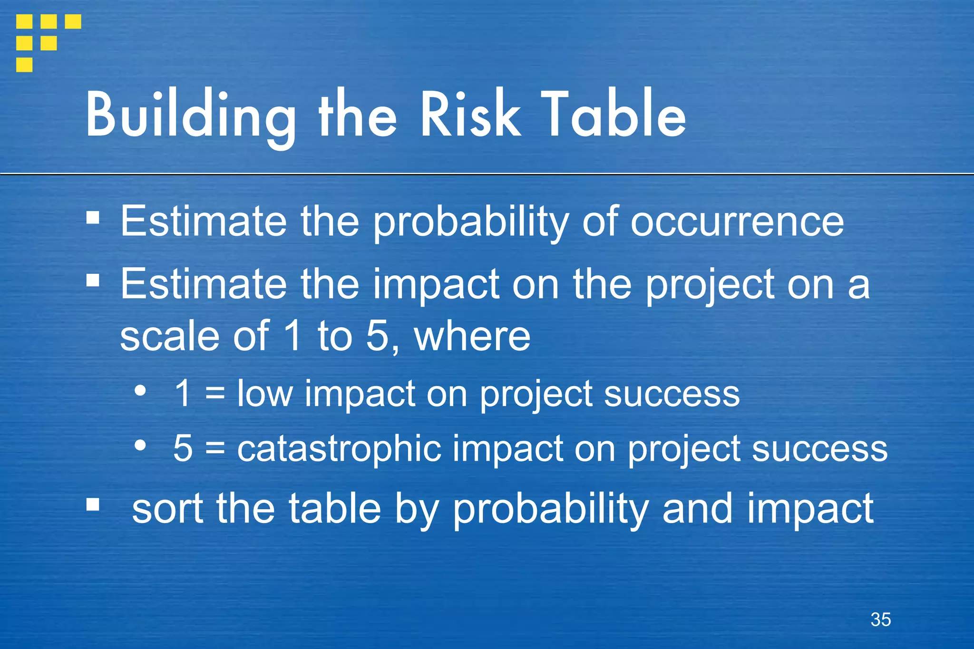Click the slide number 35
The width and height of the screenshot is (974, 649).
880,620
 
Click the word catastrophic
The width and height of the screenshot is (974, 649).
339,448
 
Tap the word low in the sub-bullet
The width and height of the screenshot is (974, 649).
264,394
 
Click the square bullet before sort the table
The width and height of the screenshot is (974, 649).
93,504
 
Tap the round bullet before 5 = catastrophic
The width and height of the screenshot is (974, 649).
140,446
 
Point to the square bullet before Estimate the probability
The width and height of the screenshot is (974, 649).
93,218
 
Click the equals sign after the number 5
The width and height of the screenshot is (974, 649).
215,449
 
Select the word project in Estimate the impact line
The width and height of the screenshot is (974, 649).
709,285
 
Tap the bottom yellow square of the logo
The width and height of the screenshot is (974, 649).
24,65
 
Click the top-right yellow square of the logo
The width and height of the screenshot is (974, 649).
73,21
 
